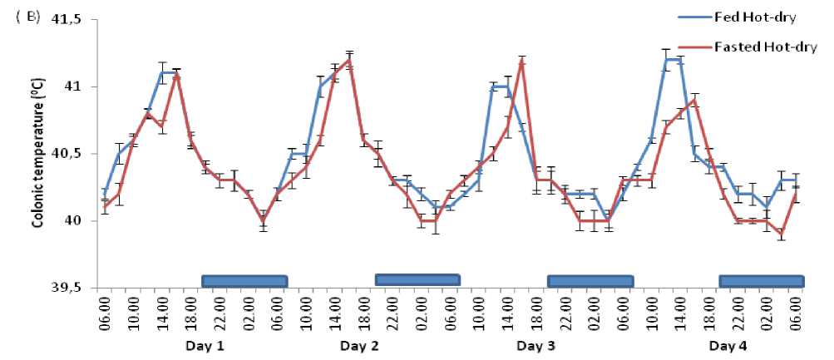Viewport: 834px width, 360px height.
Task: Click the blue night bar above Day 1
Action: [x=244, y=281]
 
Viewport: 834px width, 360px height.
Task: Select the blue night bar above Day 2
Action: [x=417, y=279]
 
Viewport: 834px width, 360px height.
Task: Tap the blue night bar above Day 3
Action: [x=590, y=281]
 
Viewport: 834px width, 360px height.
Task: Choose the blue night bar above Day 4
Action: [x=761, y=281]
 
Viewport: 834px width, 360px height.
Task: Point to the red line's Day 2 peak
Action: [x=349, y=60]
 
